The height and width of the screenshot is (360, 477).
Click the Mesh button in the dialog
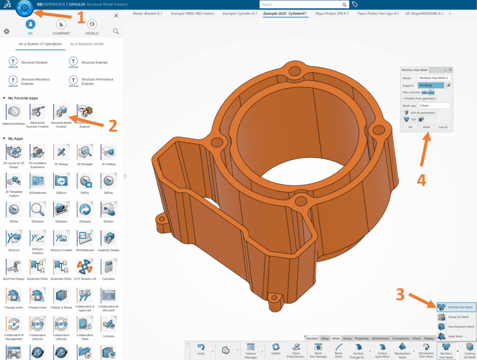426,127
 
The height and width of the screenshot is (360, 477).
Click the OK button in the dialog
410,127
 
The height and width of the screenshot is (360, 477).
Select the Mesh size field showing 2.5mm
434,106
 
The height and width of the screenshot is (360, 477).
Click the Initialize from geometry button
420,99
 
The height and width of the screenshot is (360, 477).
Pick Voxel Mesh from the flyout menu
455,336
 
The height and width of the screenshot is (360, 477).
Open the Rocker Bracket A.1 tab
148,14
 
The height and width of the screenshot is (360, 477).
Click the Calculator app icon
109,267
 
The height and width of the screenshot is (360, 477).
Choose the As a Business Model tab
87,44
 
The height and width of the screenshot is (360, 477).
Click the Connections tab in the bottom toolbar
401,339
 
